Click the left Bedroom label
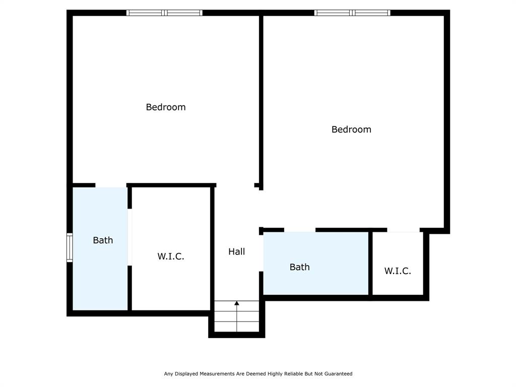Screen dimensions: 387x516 tap(166, 107)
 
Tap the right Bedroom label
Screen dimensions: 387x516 tap(351, 130)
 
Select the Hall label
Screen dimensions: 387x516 tap(236, 251)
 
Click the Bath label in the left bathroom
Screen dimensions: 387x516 tap(103, 240)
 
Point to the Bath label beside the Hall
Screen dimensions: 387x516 tap(299, 267)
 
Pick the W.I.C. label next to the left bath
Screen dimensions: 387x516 tap(171, 256)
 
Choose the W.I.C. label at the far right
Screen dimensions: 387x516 tap(398, 271)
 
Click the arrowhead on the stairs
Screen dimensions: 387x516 tap(237, 303)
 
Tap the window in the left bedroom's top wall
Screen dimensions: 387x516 tap(164, 13)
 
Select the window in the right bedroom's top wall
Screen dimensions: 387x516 tap(352, 13)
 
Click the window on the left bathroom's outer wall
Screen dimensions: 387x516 tap(70, 247)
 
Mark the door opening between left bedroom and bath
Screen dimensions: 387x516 tap(111, 185)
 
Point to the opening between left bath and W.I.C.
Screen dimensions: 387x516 tap(130, 237)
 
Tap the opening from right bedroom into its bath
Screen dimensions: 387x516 tap(300, 230)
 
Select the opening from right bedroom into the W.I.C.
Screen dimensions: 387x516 tap(403, 230)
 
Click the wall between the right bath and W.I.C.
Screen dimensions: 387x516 tap(370, 263)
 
